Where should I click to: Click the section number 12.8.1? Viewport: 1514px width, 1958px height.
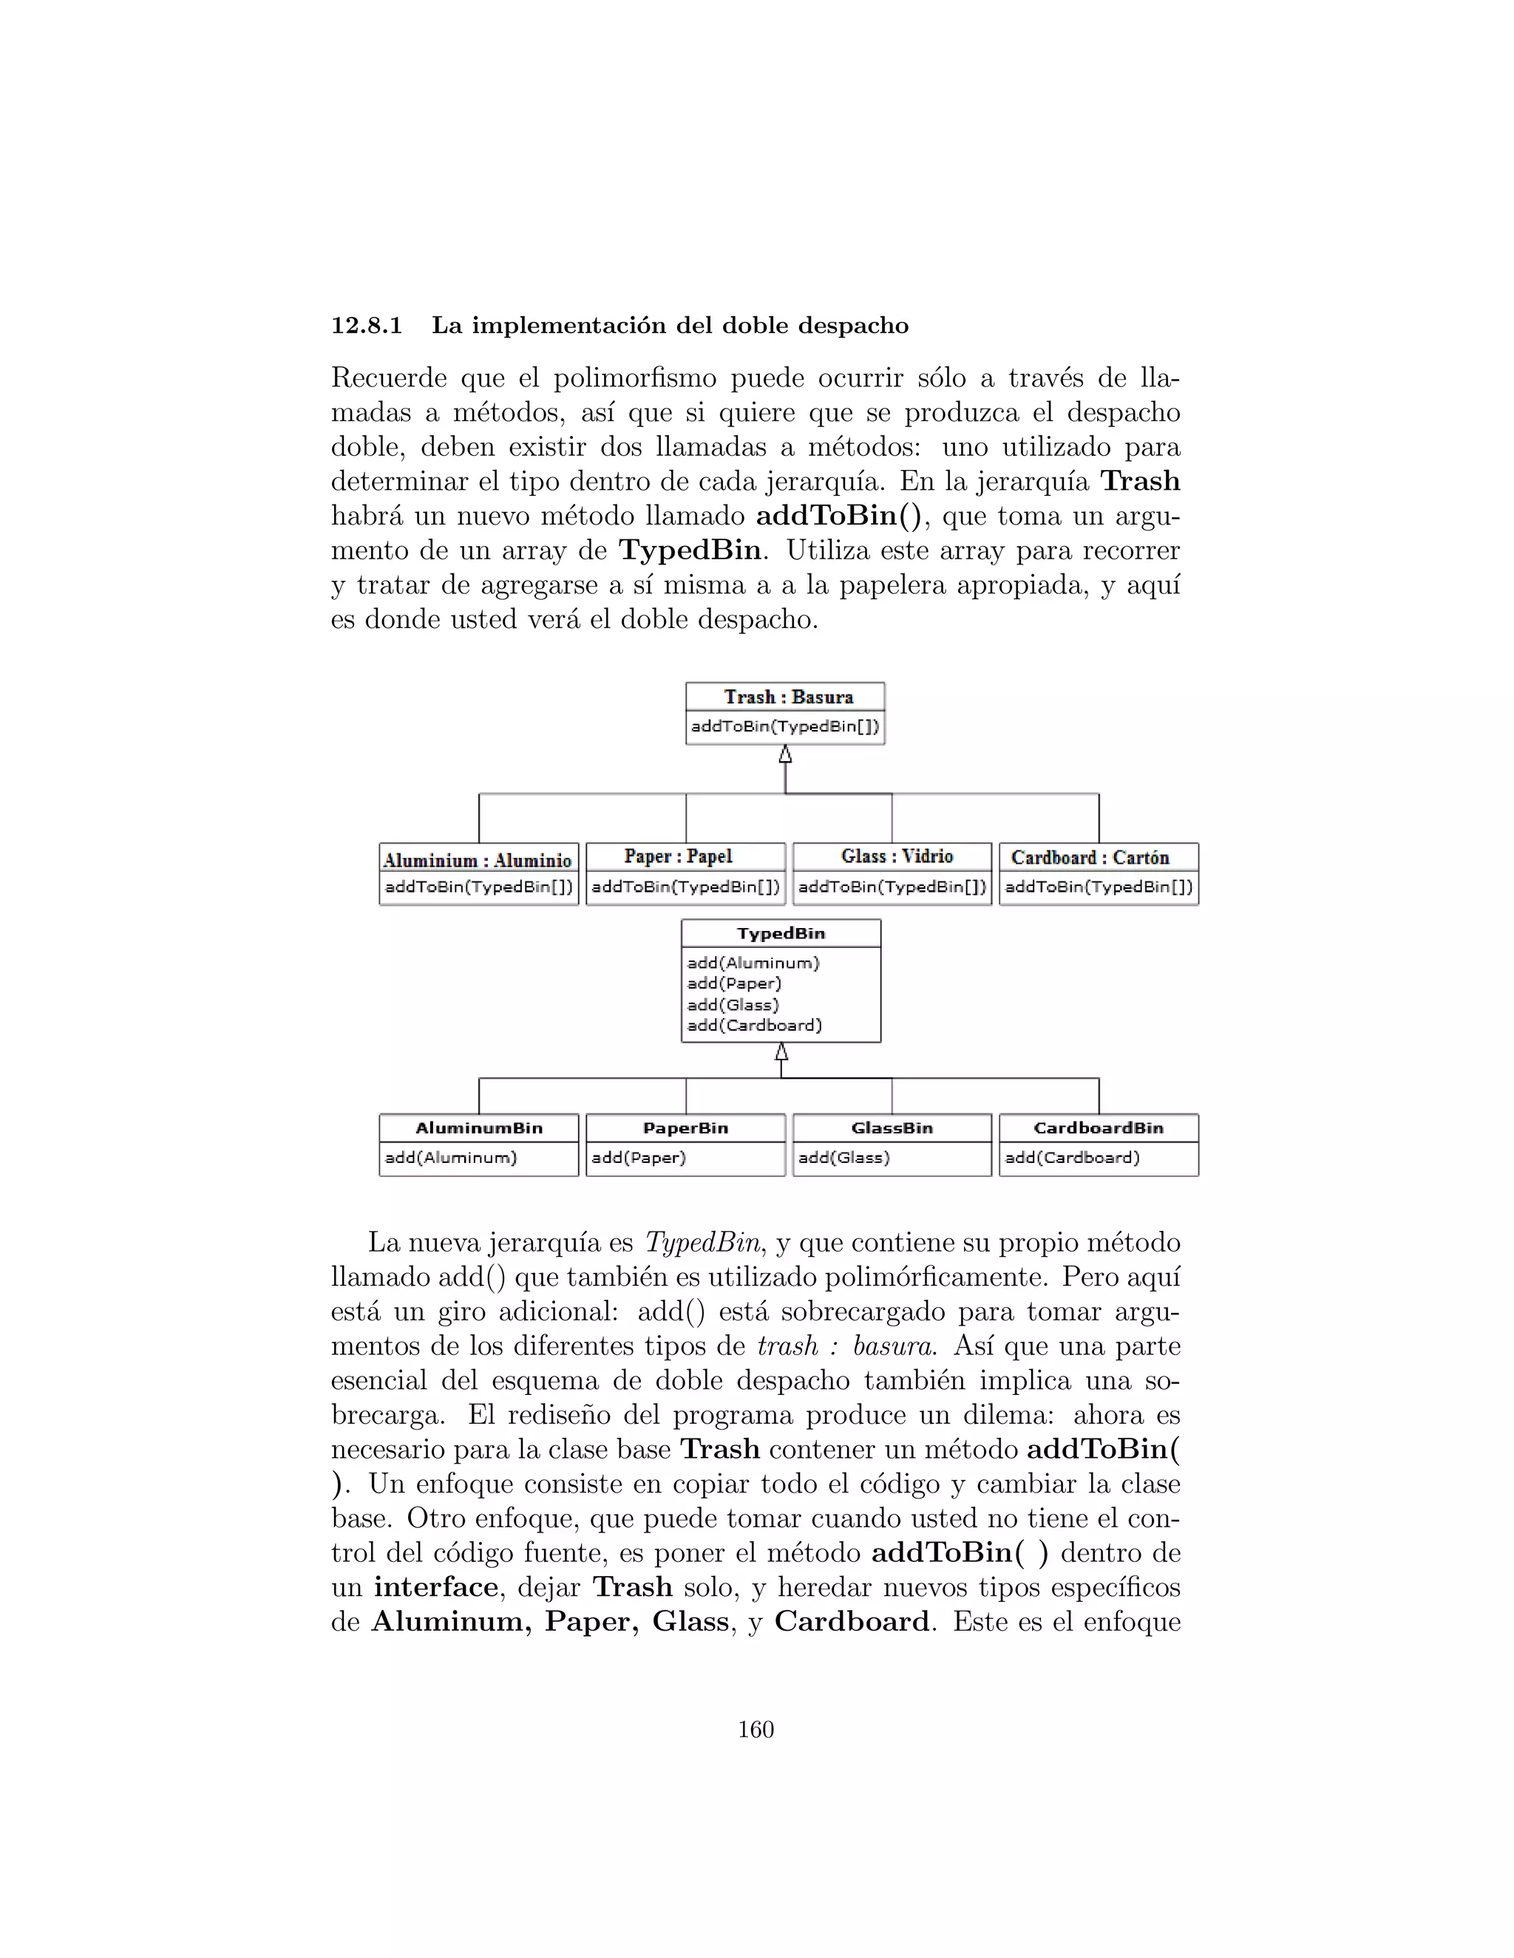tap(366, 325)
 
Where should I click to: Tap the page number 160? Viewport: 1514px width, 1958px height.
tap(756, 1730)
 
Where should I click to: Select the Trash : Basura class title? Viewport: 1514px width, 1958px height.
tap(788, 697)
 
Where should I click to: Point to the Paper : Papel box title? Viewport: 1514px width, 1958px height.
tap(678, 856)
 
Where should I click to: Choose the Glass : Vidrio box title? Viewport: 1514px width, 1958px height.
tap(896, 856)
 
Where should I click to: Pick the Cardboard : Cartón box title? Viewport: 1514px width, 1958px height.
tap(1090, 857)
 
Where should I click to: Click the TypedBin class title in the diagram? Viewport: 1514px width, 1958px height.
tap(781, 933)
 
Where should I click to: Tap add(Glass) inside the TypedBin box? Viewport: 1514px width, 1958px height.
tap(733, 1005)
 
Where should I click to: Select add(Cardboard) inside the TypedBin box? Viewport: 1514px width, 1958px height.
tap(754, 1026)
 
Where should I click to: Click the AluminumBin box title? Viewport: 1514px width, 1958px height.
tap(479, 1128)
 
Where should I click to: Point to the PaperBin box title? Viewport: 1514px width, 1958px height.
tap(685, 1128)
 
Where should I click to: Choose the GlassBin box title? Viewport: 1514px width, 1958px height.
tap(892, 1128)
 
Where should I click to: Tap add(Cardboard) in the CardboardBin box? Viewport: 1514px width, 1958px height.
tap(1072, 1157)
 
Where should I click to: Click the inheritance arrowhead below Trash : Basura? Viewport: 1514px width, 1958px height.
tap(785, 755)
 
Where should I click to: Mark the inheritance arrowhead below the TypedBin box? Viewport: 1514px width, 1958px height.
tap(781, 1051)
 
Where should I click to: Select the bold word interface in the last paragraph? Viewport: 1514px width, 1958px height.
tap(436, 1587)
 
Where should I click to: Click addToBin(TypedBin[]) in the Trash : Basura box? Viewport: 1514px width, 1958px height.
tap(785, 726)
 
